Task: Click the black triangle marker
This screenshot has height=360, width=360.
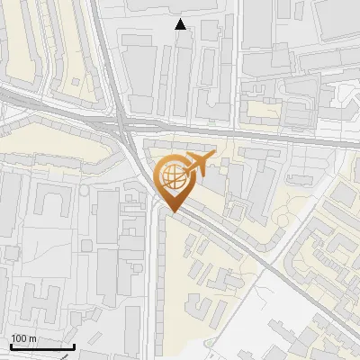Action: pyautogui.click(x=181, y=24)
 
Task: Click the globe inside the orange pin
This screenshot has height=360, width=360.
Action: pyautogui.click(x=170, y=174)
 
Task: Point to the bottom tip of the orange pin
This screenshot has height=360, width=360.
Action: pyautogui.click(x=171, y=212)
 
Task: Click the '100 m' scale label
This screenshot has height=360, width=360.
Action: pyautogui.click(x=23, y=338)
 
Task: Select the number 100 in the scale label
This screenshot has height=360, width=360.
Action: pyautogui.click(x=19, y=338)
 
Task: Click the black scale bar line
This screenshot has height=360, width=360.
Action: pyautogui.click(x=41, y=346)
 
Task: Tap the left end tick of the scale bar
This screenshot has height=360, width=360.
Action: pyautogui.click(x=10, y=345)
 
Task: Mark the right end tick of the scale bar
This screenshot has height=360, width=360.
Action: pyautogui.click(x=74, y=345)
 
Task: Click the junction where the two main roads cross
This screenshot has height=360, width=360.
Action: pyautogui.click(x=121, y=121)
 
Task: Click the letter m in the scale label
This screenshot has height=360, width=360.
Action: pyautogui.click(x=32, y=338)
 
